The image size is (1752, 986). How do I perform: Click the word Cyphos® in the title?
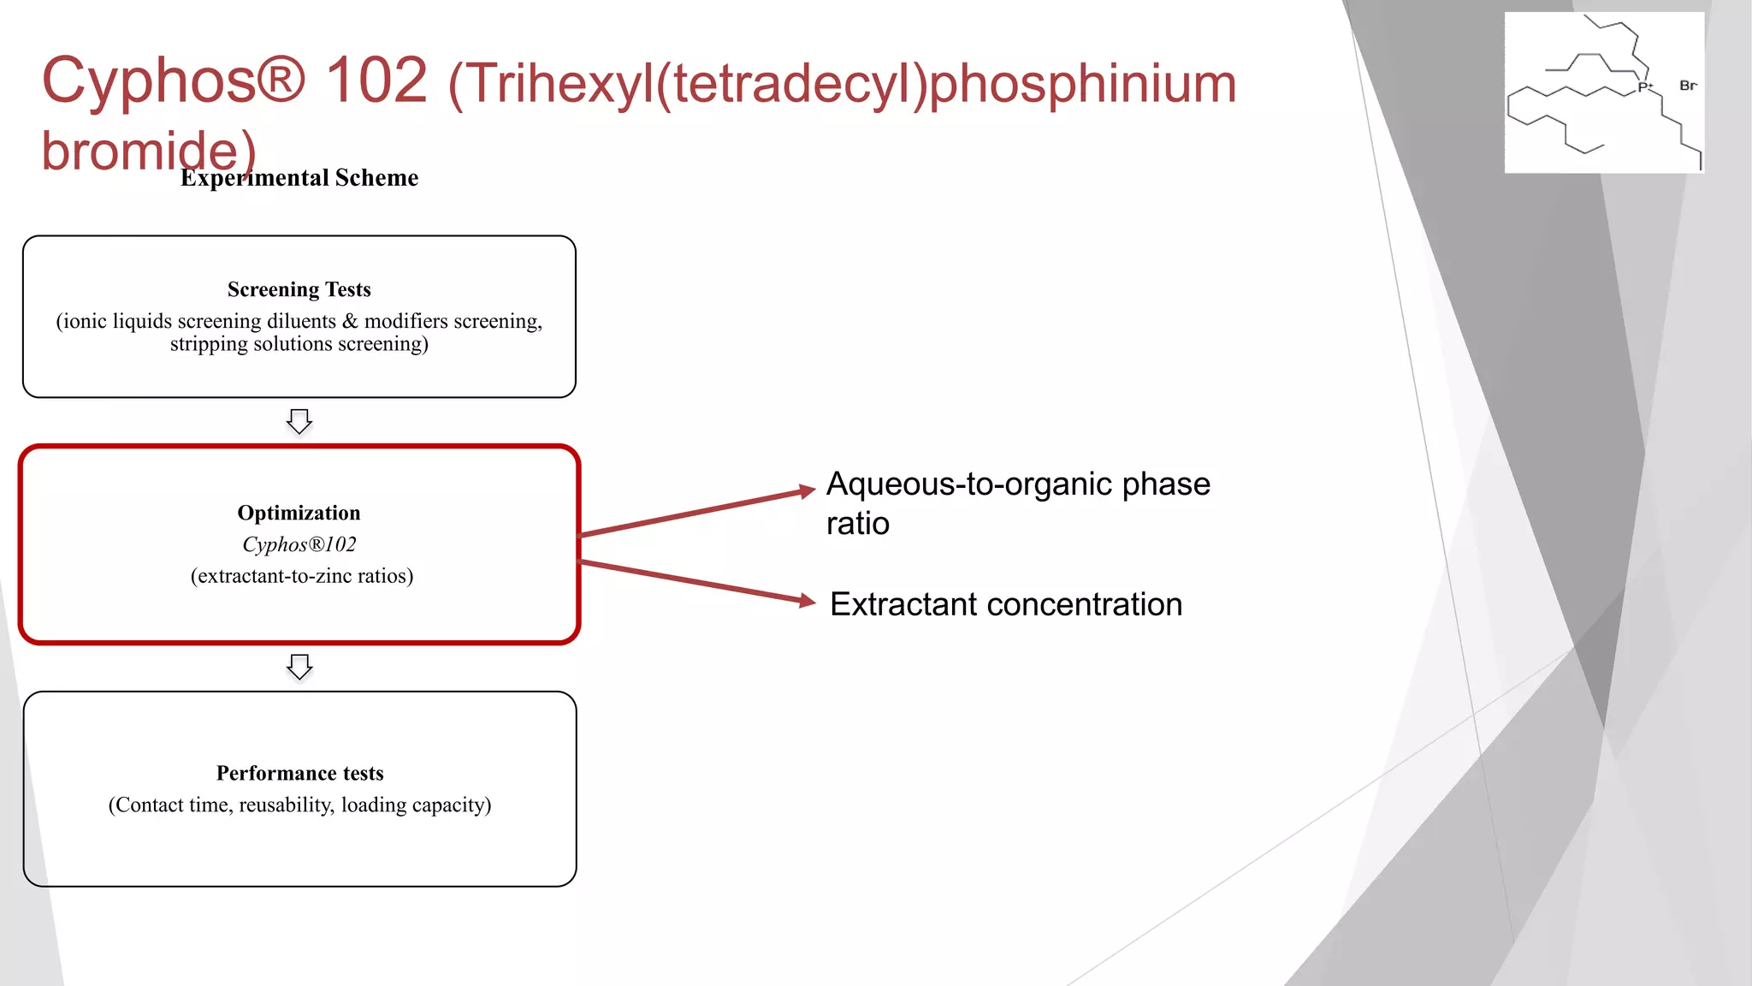click(173, 80)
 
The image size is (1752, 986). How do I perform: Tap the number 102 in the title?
click(376, 80)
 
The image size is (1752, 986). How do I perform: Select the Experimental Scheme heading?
click(299, 178)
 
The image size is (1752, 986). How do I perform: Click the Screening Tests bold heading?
click(299, 290)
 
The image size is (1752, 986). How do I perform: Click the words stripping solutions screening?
click(299, 344)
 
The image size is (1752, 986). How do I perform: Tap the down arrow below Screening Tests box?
click(299, 421)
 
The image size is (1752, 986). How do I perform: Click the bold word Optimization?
click(299, 514)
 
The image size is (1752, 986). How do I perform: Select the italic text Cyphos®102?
click(299, 545)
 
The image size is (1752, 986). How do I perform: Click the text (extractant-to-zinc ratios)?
click(302, 576)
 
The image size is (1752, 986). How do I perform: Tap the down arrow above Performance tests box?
click(299, 667)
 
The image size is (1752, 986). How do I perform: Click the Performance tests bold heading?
click(299, 774)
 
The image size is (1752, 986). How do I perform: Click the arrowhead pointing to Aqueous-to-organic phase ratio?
click(807, 491)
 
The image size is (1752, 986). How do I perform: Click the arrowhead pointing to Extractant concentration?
click(807, 601)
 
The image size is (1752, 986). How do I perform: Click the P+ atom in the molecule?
click(1644, 87)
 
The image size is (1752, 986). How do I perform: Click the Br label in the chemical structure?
click(1687, 86)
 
